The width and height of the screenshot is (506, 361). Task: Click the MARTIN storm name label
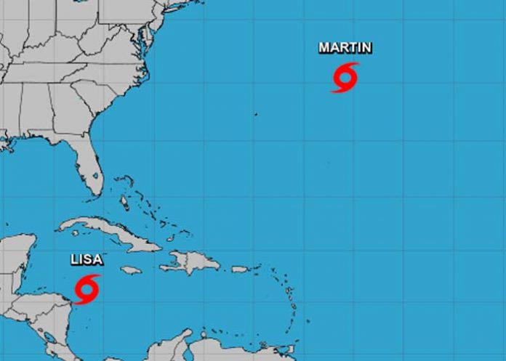point(345,48)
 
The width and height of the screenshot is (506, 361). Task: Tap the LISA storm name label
point(86,259)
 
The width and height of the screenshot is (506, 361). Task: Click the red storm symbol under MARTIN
point(345,77)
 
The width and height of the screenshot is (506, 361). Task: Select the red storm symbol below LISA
point(87,288)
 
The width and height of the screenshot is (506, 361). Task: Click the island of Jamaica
point(130,270)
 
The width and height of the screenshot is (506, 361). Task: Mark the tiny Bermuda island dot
point(255,114)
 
